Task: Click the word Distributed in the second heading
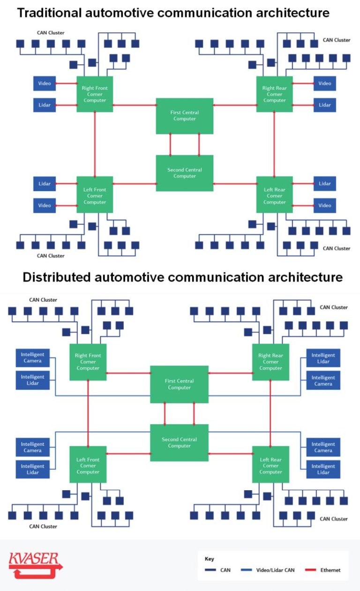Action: pos(56,277)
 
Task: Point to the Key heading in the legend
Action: pos(209,559)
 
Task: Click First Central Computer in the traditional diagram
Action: pos(185,116)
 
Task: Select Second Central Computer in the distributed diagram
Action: pos(179,442)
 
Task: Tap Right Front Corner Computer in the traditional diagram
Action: pos(94,94)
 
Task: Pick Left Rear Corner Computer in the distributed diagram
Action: pos(270,465)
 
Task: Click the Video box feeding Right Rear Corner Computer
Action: pos(325,83)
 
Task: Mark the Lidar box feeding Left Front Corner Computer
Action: pos(45,184)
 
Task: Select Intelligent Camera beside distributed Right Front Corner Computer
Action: pos(33,358)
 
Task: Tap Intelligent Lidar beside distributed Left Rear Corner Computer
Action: pos(323,469)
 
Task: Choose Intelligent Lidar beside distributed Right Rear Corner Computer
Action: pos(323,358)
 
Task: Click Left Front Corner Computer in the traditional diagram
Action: pos(94,195)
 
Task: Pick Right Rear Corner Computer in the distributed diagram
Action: pos(270,362)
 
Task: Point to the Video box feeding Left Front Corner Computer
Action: pos(45,205)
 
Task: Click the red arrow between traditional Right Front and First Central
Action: pos(134,105)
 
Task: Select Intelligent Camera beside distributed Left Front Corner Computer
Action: pos(33,447)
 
